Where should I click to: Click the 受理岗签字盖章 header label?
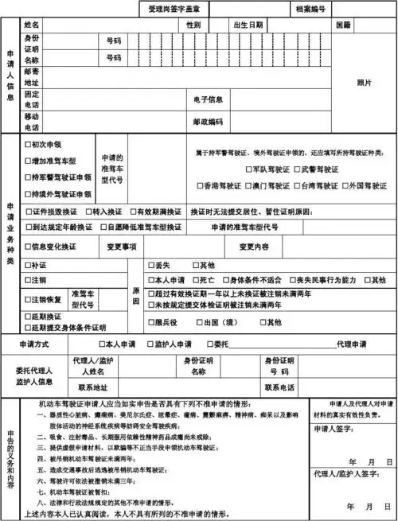click(174, 9)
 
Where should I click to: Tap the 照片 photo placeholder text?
click(364, 83)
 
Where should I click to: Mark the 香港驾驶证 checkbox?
click(201, 185)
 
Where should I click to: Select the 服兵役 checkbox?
click(150, 322)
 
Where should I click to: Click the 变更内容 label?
click(254, 246)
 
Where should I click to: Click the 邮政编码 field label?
click(208, 122)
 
